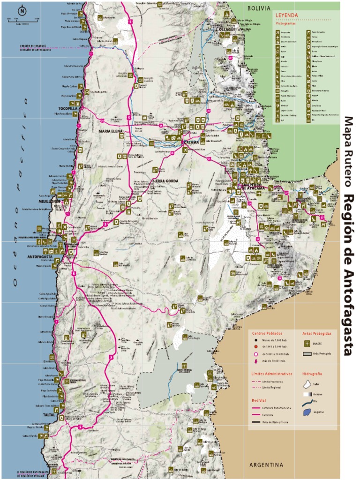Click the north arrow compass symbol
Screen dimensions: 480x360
[22, 11]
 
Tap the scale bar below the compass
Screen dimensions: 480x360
[22, 20]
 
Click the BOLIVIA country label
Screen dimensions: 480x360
[259, 8]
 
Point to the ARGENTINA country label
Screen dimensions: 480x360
[266, 465]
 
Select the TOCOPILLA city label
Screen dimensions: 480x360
[68, 108]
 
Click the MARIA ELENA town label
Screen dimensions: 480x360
[111, 131]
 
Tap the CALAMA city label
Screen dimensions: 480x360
[191, 142]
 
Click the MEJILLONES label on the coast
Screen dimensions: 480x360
[50, 202]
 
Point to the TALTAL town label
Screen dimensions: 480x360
[49, 415]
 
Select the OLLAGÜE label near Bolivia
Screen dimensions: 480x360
[228, 29]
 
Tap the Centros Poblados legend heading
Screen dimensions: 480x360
[268, 333]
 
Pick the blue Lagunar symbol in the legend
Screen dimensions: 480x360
[307, 412]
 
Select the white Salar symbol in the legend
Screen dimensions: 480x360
[307, 384]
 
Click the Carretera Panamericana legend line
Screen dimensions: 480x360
[257, 408]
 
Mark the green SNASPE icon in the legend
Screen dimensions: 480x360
[307, 344]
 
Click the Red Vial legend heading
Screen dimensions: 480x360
[259, 401]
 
